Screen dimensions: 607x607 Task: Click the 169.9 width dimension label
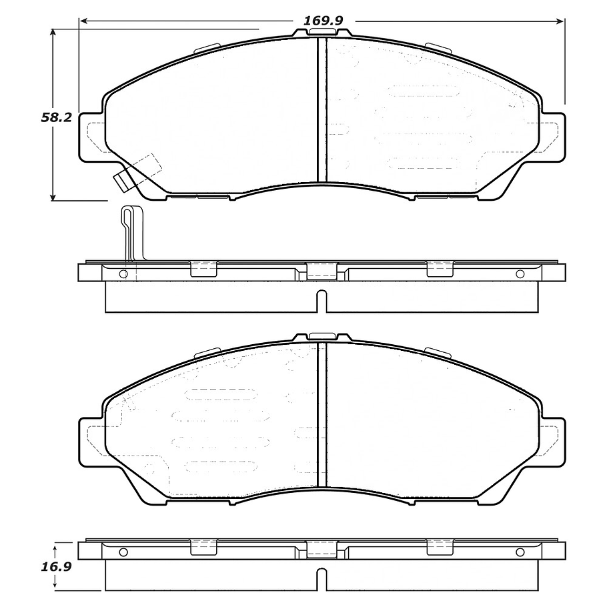[x=323, y=21]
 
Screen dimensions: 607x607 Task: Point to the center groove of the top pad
[x=322, y=110]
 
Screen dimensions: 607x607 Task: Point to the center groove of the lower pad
[x=322, y=420]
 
